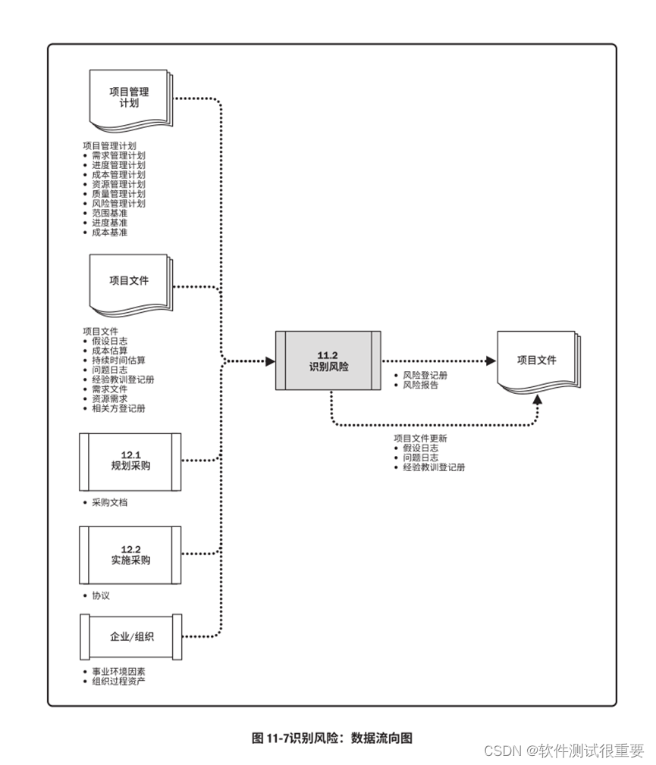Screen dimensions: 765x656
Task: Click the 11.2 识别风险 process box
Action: coord(328,361)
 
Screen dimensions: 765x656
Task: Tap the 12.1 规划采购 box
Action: coord(130,461)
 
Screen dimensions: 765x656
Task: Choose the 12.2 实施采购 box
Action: coord(130,556)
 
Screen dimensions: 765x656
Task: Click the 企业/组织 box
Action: coord(130,637)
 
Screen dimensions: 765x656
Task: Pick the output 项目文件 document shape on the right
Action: coord(537,361)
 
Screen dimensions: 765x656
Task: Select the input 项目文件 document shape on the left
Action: coord(130,281)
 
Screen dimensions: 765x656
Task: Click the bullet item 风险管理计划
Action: coord(118,203)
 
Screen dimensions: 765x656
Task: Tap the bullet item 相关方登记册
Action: coord(118,408)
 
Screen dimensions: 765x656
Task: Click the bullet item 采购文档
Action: coord(109,502)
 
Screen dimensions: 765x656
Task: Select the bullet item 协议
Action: coord(101,596)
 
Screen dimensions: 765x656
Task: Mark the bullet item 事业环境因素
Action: coord(118,671)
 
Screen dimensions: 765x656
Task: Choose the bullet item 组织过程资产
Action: coord(118,681)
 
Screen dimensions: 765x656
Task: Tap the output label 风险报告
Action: coord(420,385)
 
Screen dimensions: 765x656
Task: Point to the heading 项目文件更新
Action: coord(419,439)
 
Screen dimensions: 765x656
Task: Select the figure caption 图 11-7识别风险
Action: coord(331,738)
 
